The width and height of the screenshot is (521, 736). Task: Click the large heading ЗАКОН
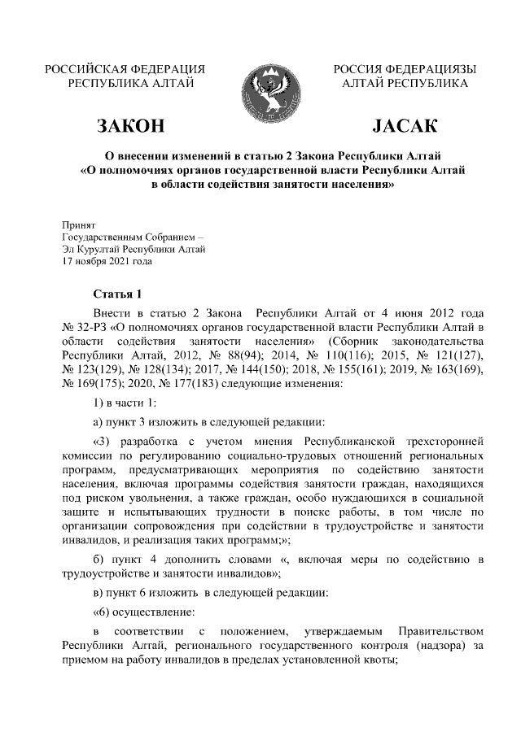129,126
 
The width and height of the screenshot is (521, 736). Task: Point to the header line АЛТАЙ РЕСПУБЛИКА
405,83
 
